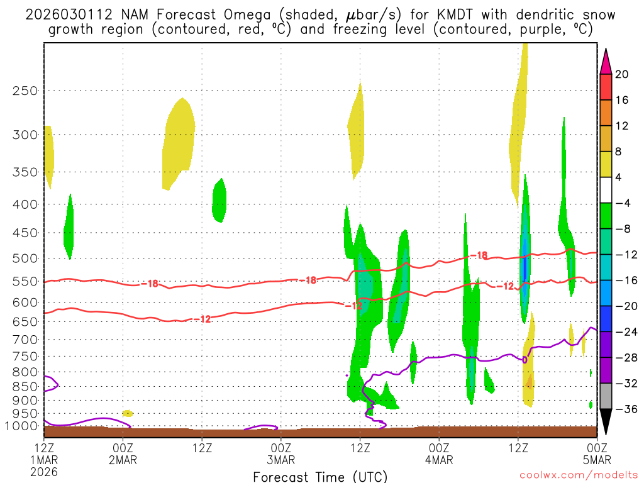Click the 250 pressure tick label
click(x=25, y=91)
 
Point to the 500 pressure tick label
click(x=25, y=258)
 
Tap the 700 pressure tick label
click(x=25, y=339)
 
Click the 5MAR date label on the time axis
click(x=596, y=459)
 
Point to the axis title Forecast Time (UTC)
click(x=320, y=476)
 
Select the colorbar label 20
click(x=621, y=74)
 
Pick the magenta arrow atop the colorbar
click(x=605, y=61)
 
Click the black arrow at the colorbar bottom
click(x=605, y=422)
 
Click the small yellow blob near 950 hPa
click(x=127, y=413)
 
